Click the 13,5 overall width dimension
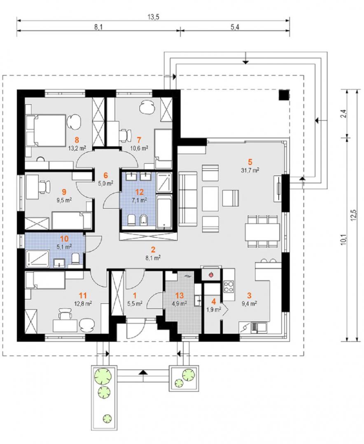[153, 17]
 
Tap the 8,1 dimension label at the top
[98, 28]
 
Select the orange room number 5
[250, 162]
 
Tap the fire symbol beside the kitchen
[211, 274]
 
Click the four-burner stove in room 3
[229, 286]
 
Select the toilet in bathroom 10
[75, 259]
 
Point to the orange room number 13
[179, 296]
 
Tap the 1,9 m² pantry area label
[214, 310]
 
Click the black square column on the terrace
[284, 95]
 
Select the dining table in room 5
[262, 231]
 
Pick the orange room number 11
[83, 296]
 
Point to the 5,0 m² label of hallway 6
[106, 183]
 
